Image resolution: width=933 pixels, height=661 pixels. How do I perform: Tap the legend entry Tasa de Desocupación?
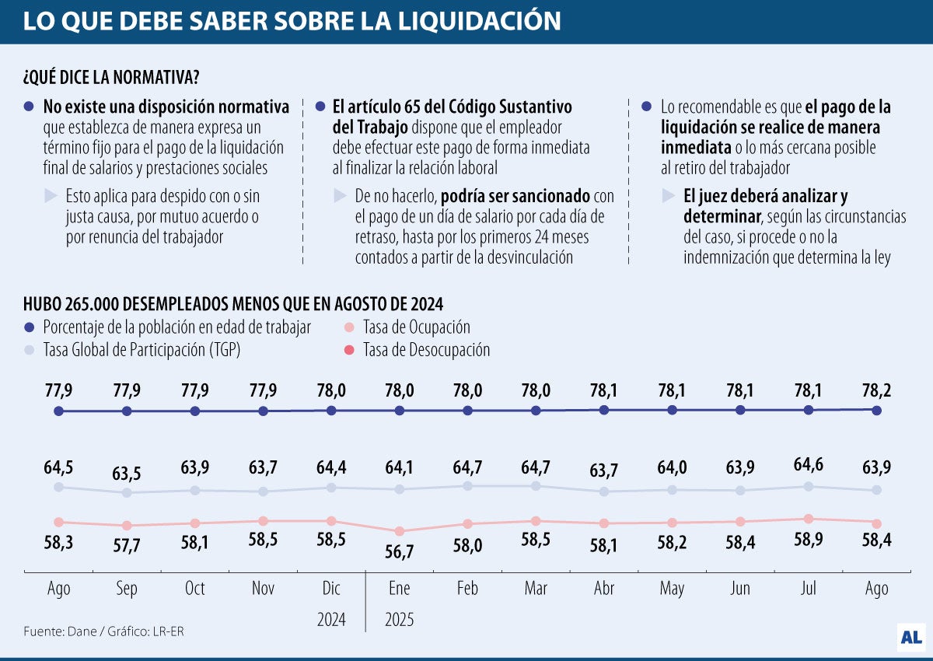[426, 350]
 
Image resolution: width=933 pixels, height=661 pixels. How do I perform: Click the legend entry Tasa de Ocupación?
[416, 327]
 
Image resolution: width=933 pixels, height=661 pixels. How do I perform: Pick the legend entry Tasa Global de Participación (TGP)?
[142, 350]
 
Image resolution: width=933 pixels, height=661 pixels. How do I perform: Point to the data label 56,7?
[400, 551]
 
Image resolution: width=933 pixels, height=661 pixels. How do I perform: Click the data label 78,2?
[876, 389]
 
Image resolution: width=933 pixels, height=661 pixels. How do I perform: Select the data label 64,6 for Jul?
[809, 465]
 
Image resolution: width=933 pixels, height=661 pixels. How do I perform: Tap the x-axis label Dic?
[331, 589]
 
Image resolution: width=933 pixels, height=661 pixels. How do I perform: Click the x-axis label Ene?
[400, 589]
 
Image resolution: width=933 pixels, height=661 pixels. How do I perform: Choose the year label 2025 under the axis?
[400, 620]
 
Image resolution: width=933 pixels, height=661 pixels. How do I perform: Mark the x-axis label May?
[672, 589]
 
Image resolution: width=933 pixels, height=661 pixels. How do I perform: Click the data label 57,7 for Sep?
[127, 546]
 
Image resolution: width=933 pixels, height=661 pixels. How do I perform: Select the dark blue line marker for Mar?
[536, 411]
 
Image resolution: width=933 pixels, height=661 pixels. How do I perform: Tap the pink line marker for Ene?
[400, 531]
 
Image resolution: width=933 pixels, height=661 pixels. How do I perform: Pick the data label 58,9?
[809, 539]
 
